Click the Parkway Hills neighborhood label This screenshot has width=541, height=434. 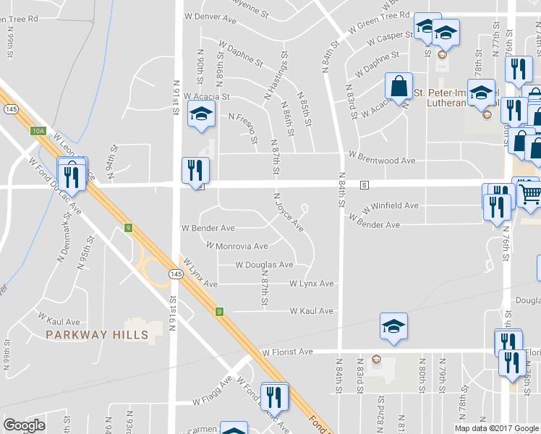[x=97, y=334]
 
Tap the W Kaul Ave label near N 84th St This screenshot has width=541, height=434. [x=312, y=311]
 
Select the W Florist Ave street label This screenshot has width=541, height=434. [x=287, y=352]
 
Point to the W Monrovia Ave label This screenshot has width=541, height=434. [x=237, y=246]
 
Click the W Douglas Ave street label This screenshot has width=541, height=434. [x=265, y=265]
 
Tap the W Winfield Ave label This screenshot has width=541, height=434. [x=391, y=206]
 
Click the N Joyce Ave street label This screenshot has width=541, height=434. [x=288, y=212]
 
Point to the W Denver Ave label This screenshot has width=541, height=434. [x=210, y=15]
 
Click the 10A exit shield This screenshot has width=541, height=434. [x=38, y=131]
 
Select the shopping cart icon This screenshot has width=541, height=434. [x=529, y=192]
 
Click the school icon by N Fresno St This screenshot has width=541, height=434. [x=201, y=114]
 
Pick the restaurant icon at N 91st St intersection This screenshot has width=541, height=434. [x=195, y=171]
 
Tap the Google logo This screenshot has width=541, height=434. [x=24, y=425]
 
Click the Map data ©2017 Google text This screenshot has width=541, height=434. [x=496, y=428]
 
